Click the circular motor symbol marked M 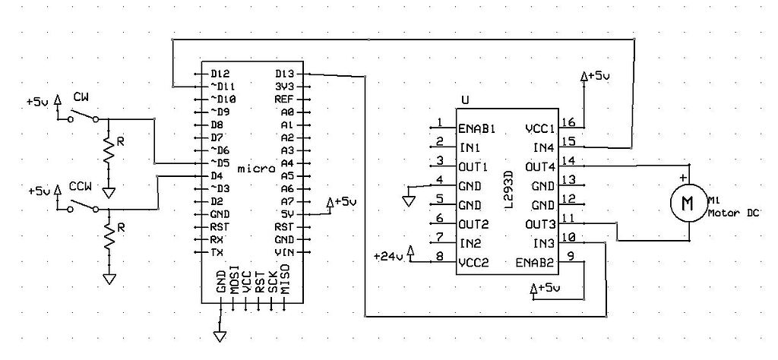point(687,203)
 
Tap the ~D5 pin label point(220,163)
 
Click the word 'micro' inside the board point(251,168)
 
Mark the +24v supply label point(388,257)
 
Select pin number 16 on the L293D point(568,122)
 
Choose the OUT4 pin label point(541,166)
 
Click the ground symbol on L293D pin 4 point(408,201)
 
